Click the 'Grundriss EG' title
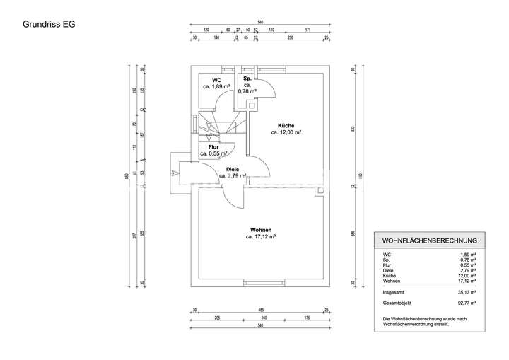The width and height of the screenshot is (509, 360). (49, 23)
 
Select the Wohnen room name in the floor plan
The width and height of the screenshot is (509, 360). (260, 230)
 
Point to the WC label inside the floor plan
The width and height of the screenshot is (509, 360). (216, 80)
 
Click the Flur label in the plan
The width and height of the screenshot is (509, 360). (213, 146)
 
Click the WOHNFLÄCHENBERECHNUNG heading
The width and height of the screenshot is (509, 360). (429, 240)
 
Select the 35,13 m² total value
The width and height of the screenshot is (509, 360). (468, 291)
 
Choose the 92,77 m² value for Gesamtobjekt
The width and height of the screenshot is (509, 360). (468, 303)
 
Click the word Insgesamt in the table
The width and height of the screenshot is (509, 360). (394, 291)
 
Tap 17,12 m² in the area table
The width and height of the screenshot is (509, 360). (468, 281)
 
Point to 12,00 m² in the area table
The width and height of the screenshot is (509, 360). (468, 276)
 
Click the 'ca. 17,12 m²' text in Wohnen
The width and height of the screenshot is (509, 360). (260, 237)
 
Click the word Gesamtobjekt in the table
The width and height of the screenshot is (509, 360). (397, 303)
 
